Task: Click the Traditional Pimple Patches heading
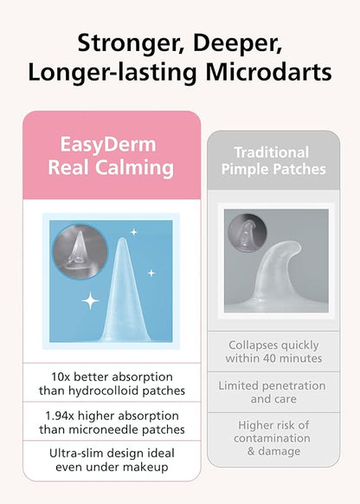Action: coord(273,160)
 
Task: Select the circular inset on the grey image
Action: coord(246,233)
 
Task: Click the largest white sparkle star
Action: coord(90,302)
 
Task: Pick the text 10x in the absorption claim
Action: coord(61,377)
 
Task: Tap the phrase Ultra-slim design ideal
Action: coord(111,453)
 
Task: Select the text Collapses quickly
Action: coord(273,345)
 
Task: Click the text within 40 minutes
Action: coord(273,359)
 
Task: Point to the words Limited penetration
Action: coord(273,385)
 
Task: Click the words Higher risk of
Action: coord(273,425)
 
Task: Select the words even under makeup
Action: coord(111,467)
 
